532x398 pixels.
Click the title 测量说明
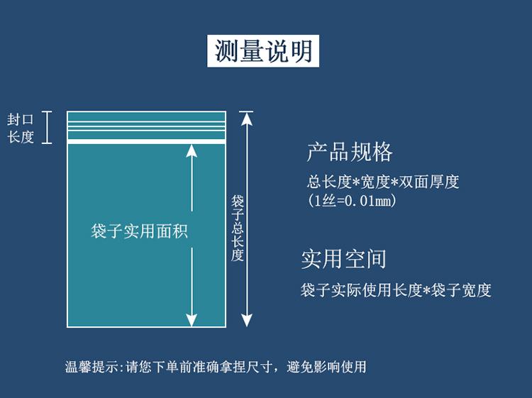tap(263, 50)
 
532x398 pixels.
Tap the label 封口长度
tap(21, 128)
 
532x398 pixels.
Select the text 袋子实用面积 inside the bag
tap(140, 231)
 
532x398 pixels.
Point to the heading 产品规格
tap(350, 152)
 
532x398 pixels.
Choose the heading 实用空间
tap(344, 258)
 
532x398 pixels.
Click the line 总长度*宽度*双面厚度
tap(383, 182)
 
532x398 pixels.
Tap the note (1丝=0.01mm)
tap(352, 201)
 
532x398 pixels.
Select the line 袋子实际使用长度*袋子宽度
tap(396, 290)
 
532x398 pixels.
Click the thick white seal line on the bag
tap(146, 142)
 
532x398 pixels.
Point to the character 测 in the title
tap(227, 50)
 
